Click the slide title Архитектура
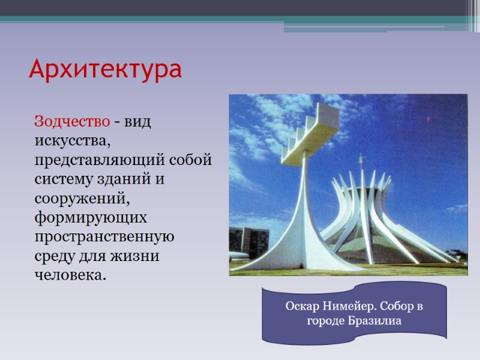tap(105, 70)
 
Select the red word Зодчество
tap(72, 121)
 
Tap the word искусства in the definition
tap(73, 142)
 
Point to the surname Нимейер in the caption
tap(348, 307)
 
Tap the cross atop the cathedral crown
tap(361, 160)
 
